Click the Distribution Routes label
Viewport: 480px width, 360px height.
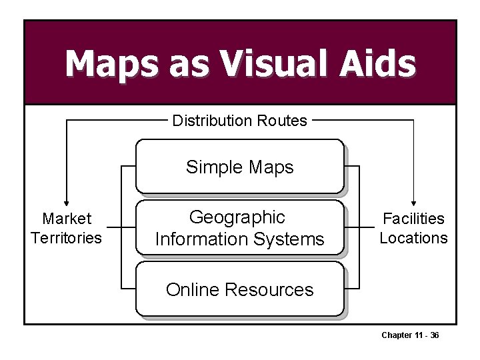(239, 121)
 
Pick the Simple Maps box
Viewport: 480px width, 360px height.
(239, 167)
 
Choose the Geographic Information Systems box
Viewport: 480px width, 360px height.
(239, 228)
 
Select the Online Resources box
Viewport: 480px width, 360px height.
(239, 289)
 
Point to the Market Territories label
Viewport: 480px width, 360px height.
(67, 228)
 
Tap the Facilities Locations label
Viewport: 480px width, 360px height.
(413, 228)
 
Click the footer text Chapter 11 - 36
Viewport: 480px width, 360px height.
(410, 335)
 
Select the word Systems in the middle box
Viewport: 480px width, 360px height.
(290, 239)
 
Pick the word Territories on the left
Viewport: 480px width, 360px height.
(67, 238)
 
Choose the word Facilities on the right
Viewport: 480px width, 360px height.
(413, 219)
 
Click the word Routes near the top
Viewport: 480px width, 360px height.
(281, 121)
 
